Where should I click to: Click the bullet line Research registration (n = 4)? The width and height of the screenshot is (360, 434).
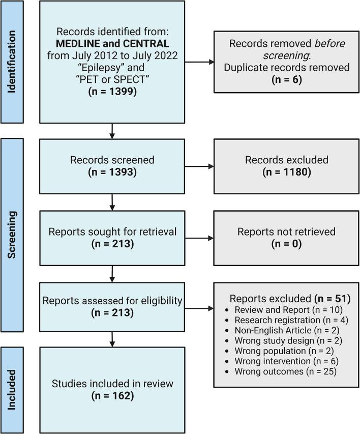(x=286, y=320)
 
